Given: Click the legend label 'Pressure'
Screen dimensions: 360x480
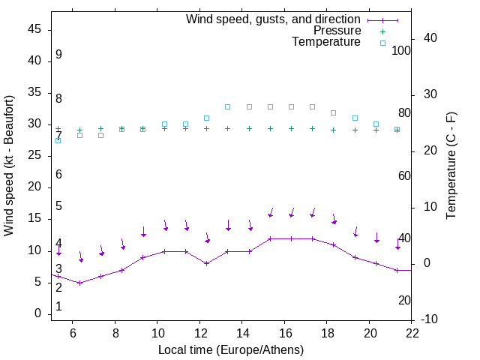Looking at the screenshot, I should tap(337, 31).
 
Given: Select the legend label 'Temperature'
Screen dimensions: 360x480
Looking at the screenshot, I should tap(326, 42).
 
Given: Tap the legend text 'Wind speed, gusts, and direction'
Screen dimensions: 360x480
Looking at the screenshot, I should tap(273, 19).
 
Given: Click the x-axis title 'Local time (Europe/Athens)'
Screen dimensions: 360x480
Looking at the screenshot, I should tap(231, 349).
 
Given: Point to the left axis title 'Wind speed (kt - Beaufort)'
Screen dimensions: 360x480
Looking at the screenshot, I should tap(9, 165).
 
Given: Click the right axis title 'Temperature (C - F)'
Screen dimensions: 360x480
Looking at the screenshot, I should tap(451, 165).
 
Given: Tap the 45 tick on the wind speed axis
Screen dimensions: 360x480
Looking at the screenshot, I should tap(34, 30).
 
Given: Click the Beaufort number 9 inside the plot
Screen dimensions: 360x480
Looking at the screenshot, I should tap(58, 55).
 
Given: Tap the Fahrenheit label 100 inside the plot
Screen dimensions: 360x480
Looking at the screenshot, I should tap(402, 50).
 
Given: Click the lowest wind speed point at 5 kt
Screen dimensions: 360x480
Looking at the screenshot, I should tap(79, 283).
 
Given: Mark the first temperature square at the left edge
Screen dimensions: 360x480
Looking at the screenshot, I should tap(58, 140).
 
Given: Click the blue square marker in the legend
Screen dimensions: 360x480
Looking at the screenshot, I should tap(382, 43).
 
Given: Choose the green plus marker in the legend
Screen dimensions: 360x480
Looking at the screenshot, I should tap(382, 31).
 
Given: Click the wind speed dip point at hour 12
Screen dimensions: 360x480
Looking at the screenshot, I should tap(206, 263).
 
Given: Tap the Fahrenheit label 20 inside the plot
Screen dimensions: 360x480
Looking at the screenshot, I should tap(404, 300).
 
